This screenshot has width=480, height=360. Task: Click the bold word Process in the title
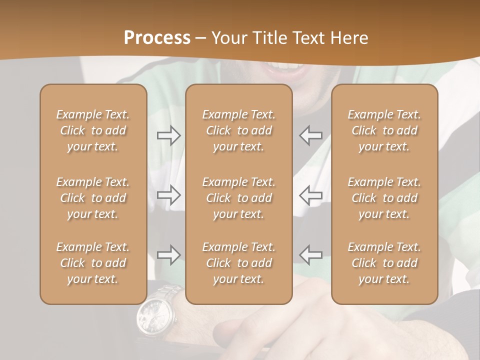(157, 37)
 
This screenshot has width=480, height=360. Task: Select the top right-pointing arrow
(168, 135)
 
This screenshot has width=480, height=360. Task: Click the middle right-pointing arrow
(168, 195)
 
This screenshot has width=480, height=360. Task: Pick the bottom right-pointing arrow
(168, 255)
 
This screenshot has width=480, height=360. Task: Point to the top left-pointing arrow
(311, 135)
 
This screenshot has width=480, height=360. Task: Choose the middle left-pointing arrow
(311, 195)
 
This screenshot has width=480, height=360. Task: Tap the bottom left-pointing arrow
(311, 255)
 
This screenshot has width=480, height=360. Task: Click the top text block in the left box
(93, 130)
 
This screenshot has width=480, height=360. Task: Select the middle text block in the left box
(93, 198)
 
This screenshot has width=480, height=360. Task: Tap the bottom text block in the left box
(93, 263)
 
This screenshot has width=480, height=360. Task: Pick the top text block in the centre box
(239, 130)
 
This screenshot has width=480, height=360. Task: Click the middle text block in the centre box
(239, 198)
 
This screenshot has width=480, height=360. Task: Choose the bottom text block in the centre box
(239, 263)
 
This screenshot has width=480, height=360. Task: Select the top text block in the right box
(384, 130)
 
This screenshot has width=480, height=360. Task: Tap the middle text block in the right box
(384, 198)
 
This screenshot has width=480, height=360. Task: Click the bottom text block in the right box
(384, 263)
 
